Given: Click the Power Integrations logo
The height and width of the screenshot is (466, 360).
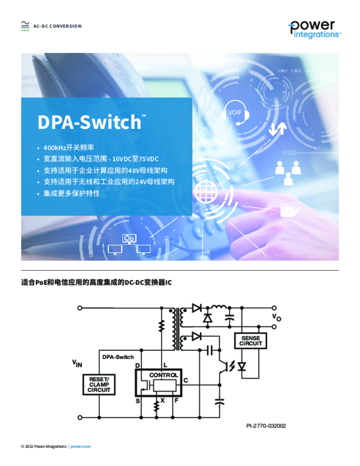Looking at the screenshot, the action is [315, 30].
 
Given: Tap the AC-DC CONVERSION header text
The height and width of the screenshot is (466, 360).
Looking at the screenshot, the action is [57, 26].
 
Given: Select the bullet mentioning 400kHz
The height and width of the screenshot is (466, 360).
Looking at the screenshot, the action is [69, 147].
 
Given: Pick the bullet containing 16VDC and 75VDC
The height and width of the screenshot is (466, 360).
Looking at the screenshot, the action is [101, 159].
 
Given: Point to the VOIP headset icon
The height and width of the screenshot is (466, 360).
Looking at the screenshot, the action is [235, 113].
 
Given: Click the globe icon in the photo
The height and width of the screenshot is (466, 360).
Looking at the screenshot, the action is [206, 192].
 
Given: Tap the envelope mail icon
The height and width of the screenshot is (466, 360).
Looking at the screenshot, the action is [287, 212].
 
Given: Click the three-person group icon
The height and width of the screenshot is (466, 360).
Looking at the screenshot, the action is [288, 173].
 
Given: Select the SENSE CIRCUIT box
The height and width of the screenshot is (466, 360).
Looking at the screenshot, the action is [251, 341].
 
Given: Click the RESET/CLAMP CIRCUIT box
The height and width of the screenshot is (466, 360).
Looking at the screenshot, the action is [99, 385].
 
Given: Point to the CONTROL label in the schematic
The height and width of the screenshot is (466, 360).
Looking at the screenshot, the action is [163, 375].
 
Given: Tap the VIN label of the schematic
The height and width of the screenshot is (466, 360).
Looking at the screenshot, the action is [77, 363].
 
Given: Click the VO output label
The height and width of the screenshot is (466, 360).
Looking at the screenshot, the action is [276, 317].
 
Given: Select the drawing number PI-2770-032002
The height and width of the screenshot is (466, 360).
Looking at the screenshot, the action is [266, 426].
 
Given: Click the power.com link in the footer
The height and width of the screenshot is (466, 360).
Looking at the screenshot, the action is [81, 446].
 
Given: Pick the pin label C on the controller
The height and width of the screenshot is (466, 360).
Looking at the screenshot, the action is [186, 380].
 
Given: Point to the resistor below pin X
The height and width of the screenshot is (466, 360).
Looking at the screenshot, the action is [156, 406].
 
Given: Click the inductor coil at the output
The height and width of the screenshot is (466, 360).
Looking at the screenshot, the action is [219, 307].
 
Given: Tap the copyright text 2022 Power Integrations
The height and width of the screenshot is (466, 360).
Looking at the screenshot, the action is [44, 446].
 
